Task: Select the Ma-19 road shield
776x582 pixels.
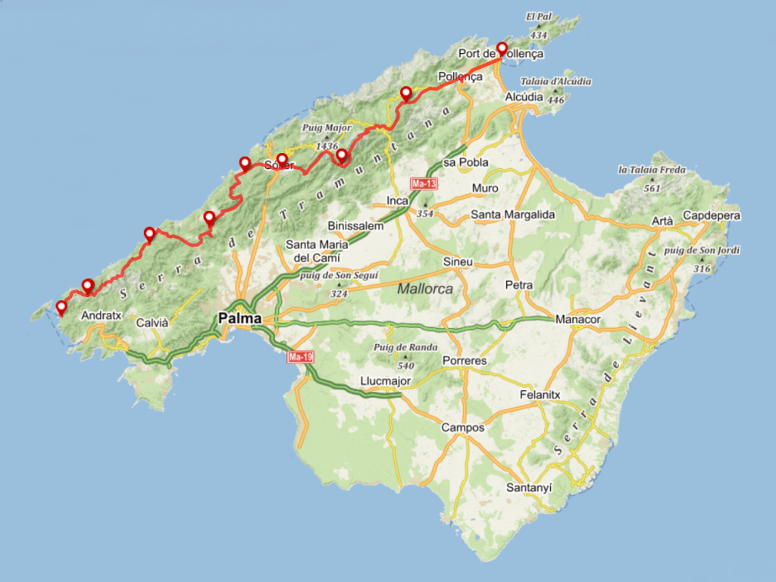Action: tap(300, 356)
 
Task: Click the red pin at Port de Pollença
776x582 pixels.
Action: tap(502, 50)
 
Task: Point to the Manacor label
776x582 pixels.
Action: tap(577, 320)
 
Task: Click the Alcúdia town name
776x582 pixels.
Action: tap(524, 97)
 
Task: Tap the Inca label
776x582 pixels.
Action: tap(398, 201)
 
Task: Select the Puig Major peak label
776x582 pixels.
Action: tap(327, 128)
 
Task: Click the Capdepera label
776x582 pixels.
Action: tap(712, 216)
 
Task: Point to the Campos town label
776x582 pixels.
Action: tap(462, 427)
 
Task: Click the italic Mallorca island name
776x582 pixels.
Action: tap(425, 289)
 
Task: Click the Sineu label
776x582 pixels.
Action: tap(458, 262)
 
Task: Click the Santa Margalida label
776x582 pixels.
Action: tap(513, 214)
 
